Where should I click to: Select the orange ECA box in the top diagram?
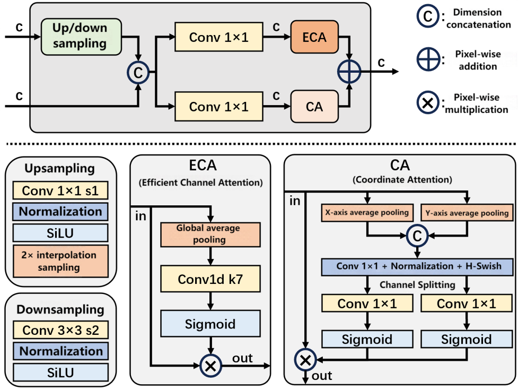click(314, 38)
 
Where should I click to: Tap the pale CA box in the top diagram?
click(314, 107)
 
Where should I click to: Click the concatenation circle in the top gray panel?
click(138, 73)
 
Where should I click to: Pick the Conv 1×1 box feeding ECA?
click(218, 38)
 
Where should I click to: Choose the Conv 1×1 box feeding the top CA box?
click(218, 107)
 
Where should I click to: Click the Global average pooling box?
click(211, 234)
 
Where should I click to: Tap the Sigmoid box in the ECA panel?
click(211, 324)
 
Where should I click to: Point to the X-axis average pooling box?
click(366, 213)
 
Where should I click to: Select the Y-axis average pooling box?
click(467, 213)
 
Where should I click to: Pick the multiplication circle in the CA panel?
click(305, 360)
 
